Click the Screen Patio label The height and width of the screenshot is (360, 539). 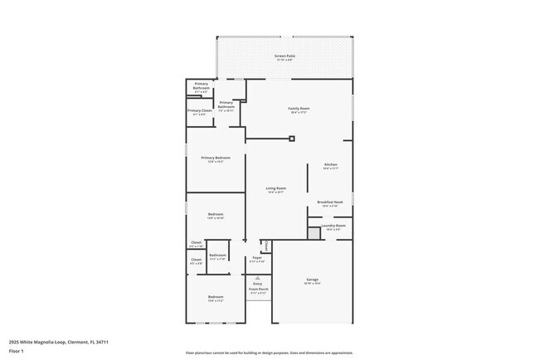(x=284, y=56)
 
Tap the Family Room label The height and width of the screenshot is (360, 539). (x=299, y=109)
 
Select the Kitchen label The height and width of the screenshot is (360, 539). (x=330, y=165)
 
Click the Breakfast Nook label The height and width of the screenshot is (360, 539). (x=330, y=202)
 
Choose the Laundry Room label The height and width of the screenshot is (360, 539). (x=333, y=226)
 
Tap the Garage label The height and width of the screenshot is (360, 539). (x=312, y=280)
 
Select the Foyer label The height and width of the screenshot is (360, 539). (x=258, y=258)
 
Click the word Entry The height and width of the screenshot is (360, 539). (x=258, y=284)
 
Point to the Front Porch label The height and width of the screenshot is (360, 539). (x=258, y=289)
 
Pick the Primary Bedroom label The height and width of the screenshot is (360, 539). (x=216, y=158)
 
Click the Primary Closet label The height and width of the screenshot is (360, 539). (x=200, y=110)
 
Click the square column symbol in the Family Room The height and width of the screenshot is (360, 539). (x=292, y=139)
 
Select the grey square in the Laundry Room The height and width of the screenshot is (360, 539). (x=314, y=234)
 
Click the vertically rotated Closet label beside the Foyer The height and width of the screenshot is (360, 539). (x=265, y=246)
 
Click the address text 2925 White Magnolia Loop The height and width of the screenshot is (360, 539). (x=59, y=342)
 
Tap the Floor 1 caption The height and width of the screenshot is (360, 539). (x=17, y=351)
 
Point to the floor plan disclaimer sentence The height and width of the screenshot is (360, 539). (x=269, y=352)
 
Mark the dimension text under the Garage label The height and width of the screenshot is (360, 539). (x=312, y=285)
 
